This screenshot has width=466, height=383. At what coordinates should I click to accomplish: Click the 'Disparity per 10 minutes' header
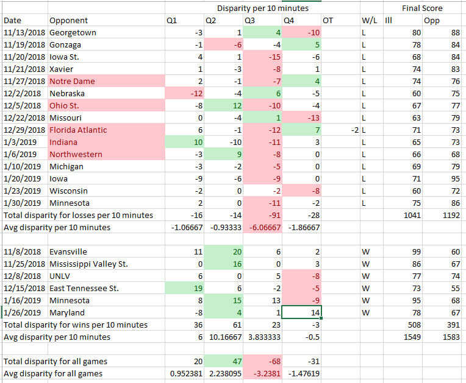click(x=263, y=8)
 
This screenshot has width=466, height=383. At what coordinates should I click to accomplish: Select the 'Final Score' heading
click(x=422, y=8)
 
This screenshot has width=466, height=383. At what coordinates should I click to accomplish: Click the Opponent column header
click(x=68, y=21)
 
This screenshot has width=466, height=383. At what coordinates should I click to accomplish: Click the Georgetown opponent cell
click(x=73, y=32)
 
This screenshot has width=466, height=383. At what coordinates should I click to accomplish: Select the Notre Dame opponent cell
click(x=72, y=81)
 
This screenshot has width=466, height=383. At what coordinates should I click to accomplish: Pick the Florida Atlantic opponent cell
click(x=78, y=130)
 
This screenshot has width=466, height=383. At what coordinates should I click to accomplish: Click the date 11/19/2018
click(x=24, y=44)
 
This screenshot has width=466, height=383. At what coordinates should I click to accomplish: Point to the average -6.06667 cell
click(x=263, y=227)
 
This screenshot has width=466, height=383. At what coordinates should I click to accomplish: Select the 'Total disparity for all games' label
click(x=57, y=361)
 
